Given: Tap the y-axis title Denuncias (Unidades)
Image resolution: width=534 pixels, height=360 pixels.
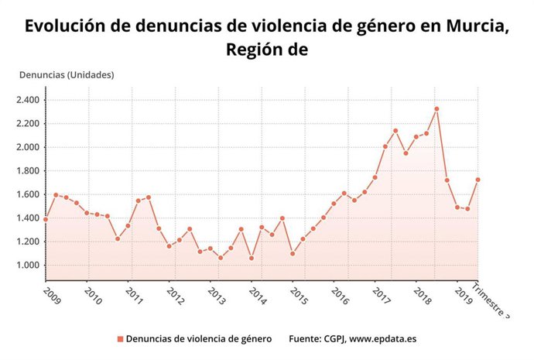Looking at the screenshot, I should pos(66,75).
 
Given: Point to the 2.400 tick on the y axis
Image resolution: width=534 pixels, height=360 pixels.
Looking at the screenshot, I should pos(28,100).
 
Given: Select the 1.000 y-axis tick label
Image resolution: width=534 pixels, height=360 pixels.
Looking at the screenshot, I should pos(28,266).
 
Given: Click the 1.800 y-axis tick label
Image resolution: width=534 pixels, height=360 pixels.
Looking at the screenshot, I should pos(28,171).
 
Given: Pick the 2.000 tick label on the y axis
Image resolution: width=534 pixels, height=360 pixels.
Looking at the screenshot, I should pos(28,147).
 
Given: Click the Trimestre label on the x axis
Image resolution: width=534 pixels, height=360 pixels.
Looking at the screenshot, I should pos(492,298).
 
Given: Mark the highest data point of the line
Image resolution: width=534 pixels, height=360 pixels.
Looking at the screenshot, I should pos(436,109).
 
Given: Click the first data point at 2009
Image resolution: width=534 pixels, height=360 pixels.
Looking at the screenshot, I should pos(46,219).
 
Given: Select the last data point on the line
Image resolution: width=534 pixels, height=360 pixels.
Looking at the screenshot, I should pos(478,180).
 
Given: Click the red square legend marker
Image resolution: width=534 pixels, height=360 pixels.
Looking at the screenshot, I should pos(120,339).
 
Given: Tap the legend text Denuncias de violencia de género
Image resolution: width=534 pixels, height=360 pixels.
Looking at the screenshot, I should pos(198,339).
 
